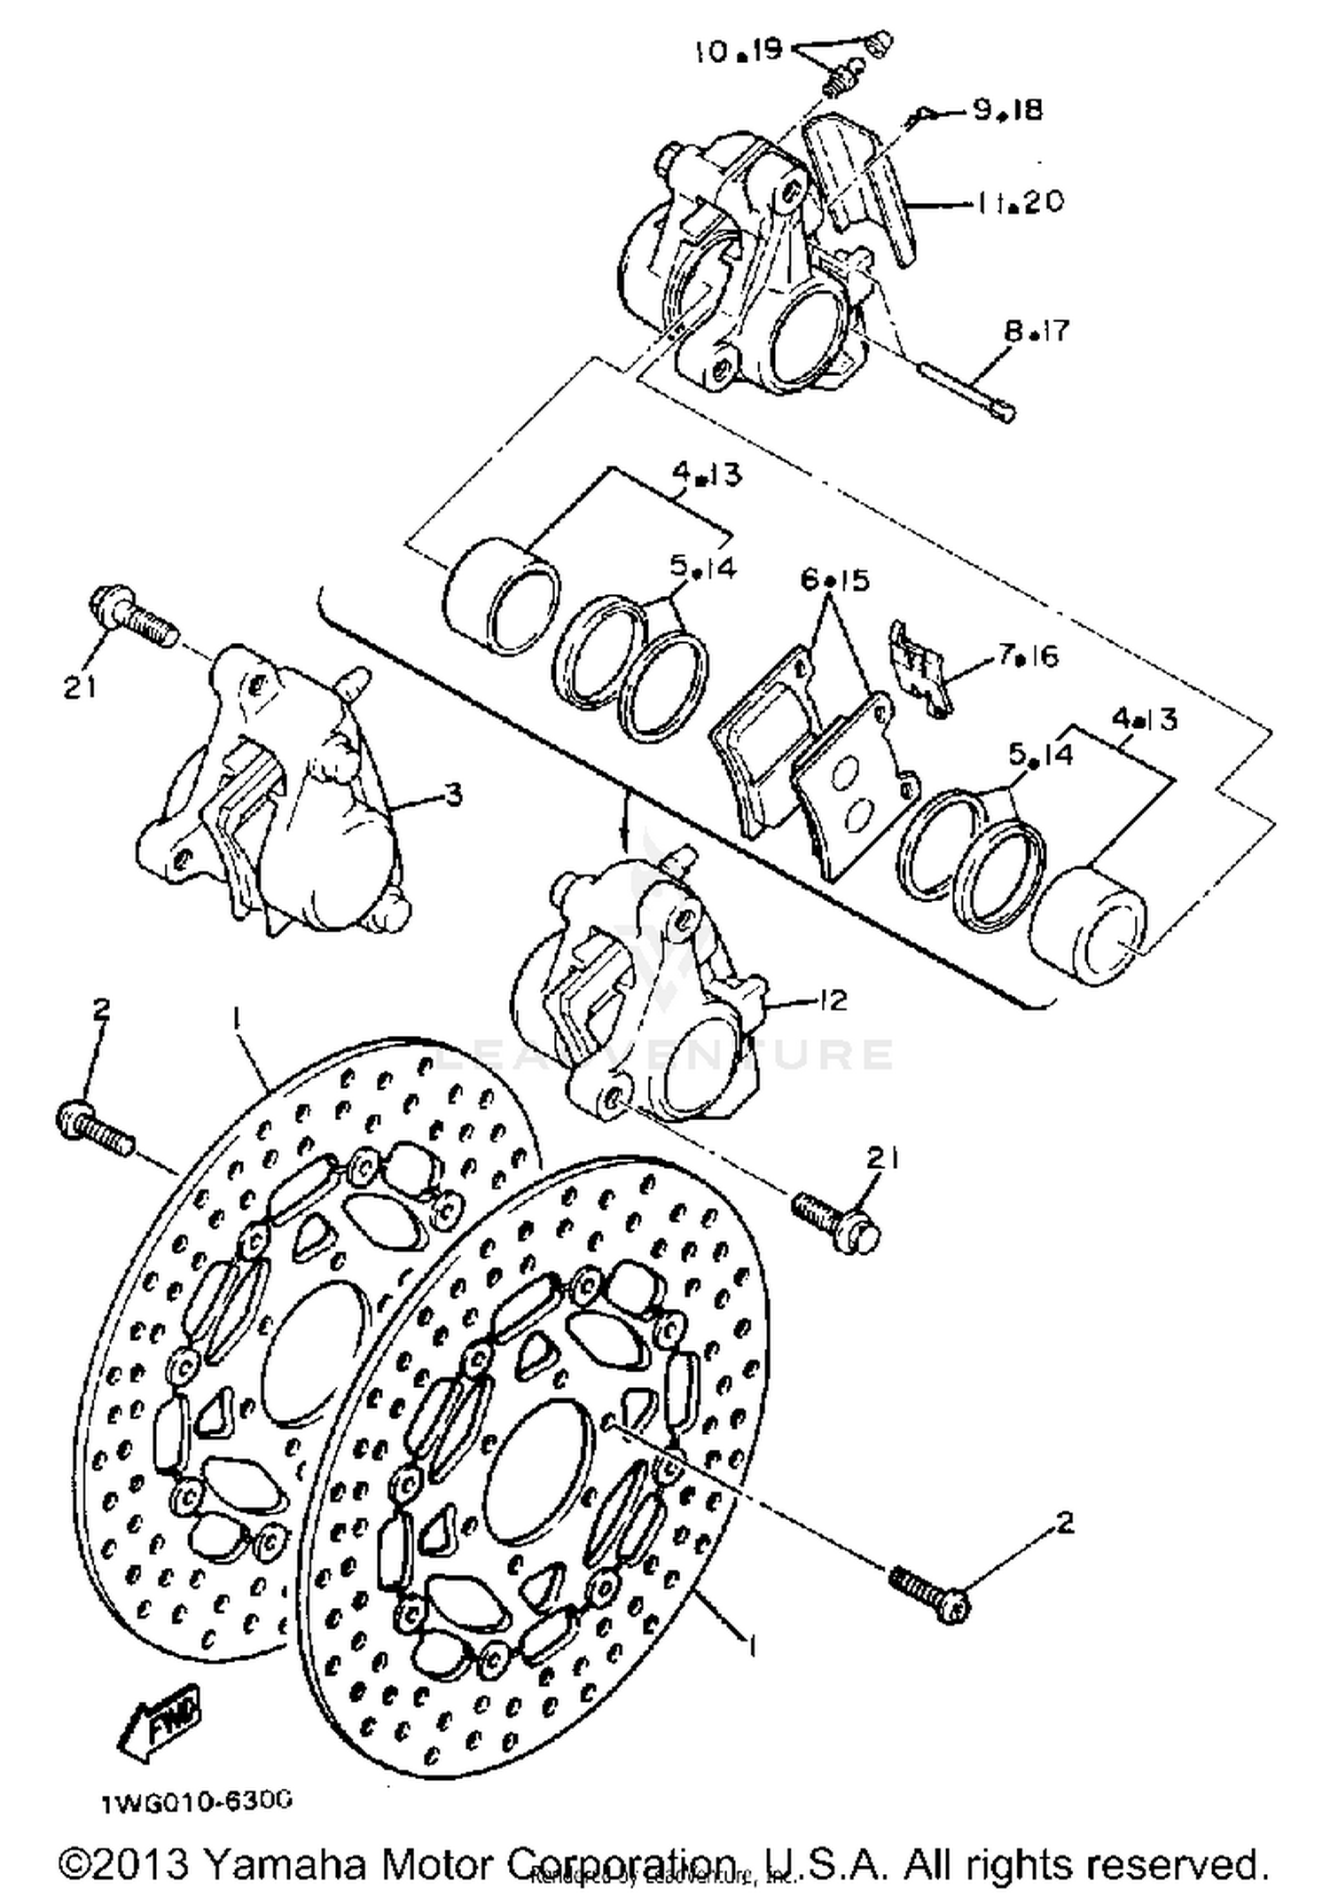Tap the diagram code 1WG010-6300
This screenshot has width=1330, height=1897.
coord(196,1804)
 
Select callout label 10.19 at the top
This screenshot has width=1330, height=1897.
coord(739,50)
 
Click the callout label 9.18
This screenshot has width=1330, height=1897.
coord(1007,110)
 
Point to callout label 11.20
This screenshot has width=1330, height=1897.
coord(1020,202)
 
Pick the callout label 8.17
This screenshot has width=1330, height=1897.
coord(1037,332)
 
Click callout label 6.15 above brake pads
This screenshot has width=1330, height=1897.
coord(834,580)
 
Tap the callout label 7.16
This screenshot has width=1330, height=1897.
coord(1028,655)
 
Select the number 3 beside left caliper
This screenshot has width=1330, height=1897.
coord(453,794)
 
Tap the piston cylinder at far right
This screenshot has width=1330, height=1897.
coord(1090,926)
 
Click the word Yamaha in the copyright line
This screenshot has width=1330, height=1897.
coord(286,1863)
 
